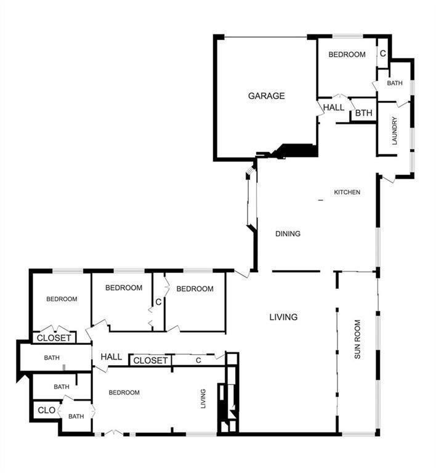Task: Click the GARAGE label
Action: (266, 95)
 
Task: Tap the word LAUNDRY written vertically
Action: (394, 131)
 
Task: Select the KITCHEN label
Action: (347, 192)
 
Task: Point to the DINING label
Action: (288, 233)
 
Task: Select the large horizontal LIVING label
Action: (283, 317)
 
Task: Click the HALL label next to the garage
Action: (334, 107)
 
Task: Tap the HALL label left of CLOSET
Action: (111, 357)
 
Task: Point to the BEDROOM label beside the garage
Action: (347, 54)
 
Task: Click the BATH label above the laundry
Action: (394, 83)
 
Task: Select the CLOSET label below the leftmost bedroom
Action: (55, 338)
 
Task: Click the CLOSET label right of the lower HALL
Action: (150, 360)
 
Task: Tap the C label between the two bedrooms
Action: (158, 302)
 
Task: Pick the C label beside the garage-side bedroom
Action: (382, 54)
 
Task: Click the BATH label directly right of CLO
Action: (76, 416)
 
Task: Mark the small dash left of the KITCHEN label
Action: (320, 201)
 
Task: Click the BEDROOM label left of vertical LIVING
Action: (124, 392)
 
